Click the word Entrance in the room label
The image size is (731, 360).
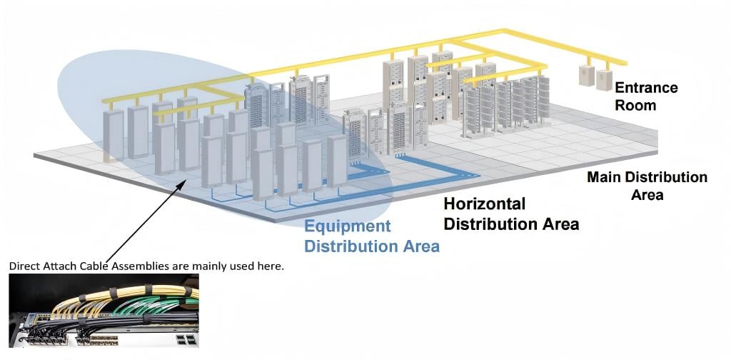(x=646, y=88)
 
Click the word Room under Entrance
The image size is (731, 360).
(x=635, y=105)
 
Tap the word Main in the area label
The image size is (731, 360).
(x=604, y=177)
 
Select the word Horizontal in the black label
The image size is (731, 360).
(x=485, y=204)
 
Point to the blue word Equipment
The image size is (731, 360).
(x=348, y=226)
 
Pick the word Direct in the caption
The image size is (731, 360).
(x=21, y=266)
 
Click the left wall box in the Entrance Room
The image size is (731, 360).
(x=587, y=76)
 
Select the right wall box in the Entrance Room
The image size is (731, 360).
(x=604, y=80)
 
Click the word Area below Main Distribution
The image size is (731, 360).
(x=647, y=194)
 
